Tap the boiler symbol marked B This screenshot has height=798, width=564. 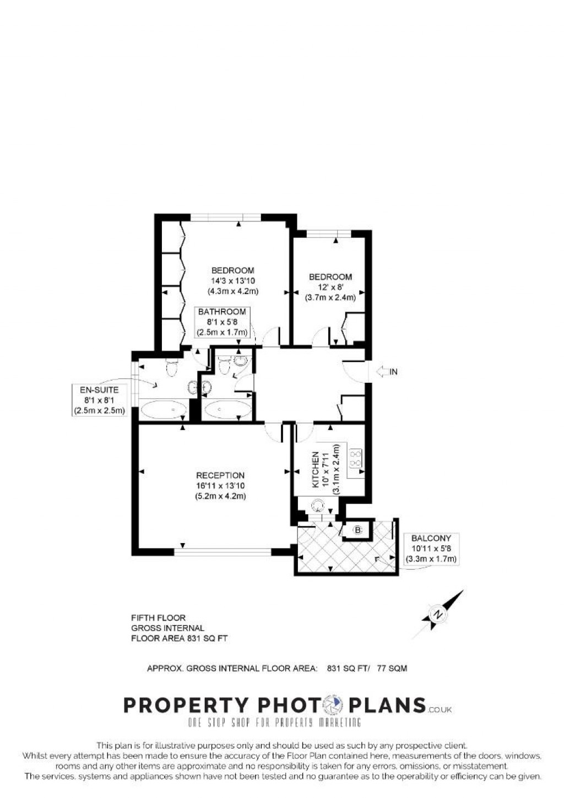[x=357, y=530]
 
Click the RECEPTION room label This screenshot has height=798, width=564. [x=220, y=475]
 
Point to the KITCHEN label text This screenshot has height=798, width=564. [x=315, y=470]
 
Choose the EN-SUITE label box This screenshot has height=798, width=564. [x=99, y=400]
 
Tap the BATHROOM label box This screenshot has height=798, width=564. [x=222, y=322]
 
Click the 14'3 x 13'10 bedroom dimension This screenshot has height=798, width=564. [x=232, y=281]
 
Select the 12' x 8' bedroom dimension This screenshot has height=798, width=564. [x=330, y=287]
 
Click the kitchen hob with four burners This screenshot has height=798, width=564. [x=356, y=459]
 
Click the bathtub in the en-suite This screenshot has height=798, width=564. [x=163, y=410]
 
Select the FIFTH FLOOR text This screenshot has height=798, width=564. [x=159, y=618]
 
